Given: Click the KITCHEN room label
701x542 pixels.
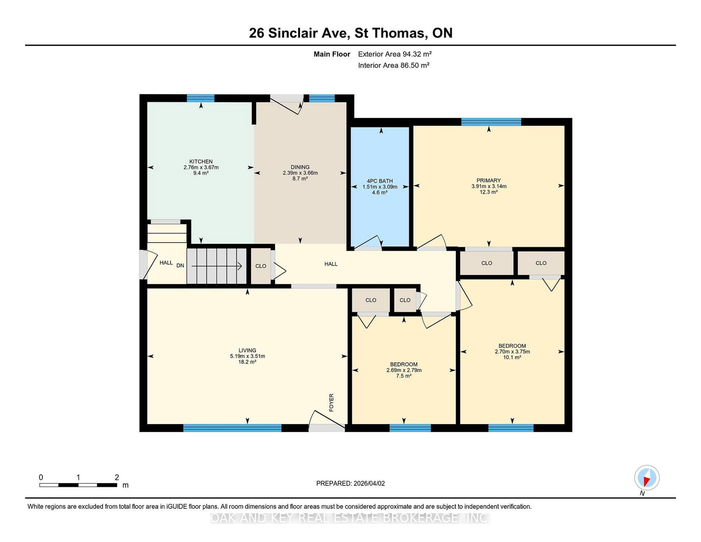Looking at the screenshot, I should pyautogui.click(x=201, y=162).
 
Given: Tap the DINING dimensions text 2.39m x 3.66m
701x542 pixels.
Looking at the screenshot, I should pyautogui.click(x=300, y=173).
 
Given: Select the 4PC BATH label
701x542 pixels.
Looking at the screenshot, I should pyautogui.click(x=379, y=181).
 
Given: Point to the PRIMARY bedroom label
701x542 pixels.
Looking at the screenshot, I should pyautogui.click(x=489, y=181).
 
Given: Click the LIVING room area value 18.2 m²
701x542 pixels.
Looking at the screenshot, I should pyautogui.click(x=247, y=362).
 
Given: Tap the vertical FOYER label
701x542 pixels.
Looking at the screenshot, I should pyautogui.click(x=331, y=402).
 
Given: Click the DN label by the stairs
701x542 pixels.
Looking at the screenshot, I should pyautogui.click(x=180, y=266).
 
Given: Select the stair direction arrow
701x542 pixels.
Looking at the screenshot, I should pyautogui.click(x=217, y=266).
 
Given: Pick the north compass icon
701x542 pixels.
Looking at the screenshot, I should pyautogui.click(x=647, y=478).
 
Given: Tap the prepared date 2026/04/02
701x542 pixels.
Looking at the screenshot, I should pyautogui.click(x=350, y=483).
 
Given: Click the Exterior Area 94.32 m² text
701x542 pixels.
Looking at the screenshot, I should pyautogui.click(x=395, y=54).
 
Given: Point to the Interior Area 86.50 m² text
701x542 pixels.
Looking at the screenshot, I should pyautogui.click(x=393, y=65).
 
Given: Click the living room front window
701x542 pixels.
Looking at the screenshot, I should pyautogui.click(x=232, y=428).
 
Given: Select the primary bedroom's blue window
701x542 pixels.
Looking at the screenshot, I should pyautogui.click(x=491, y=122).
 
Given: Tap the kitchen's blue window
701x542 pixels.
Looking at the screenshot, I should pyautogui.click(x=201, y=98).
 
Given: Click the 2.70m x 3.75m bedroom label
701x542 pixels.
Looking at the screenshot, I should pyautogui.click(x=512, y=351).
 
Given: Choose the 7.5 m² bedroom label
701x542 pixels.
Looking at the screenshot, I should pyautogui.click(x=404, y=376).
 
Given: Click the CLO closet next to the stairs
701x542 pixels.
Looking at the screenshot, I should pyautogui.click(x=261, y=266).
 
